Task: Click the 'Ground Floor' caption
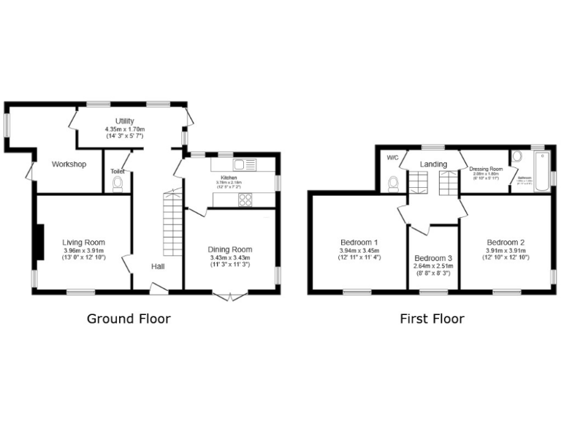[129, 319]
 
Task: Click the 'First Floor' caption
[432, 319]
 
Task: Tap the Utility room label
[124, 121]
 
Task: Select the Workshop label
[69, 164]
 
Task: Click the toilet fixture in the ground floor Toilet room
[118, 183]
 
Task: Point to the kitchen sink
[243, 164]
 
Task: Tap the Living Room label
[83, 243]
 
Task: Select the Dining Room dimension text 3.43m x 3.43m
[230, 258]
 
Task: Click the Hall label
[158, 267]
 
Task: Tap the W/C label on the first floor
[392, 158]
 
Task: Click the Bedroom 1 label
[359, 242]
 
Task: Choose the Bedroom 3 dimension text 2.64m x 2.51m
[433, 267]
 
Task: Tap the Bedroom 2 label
[505, 242]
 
